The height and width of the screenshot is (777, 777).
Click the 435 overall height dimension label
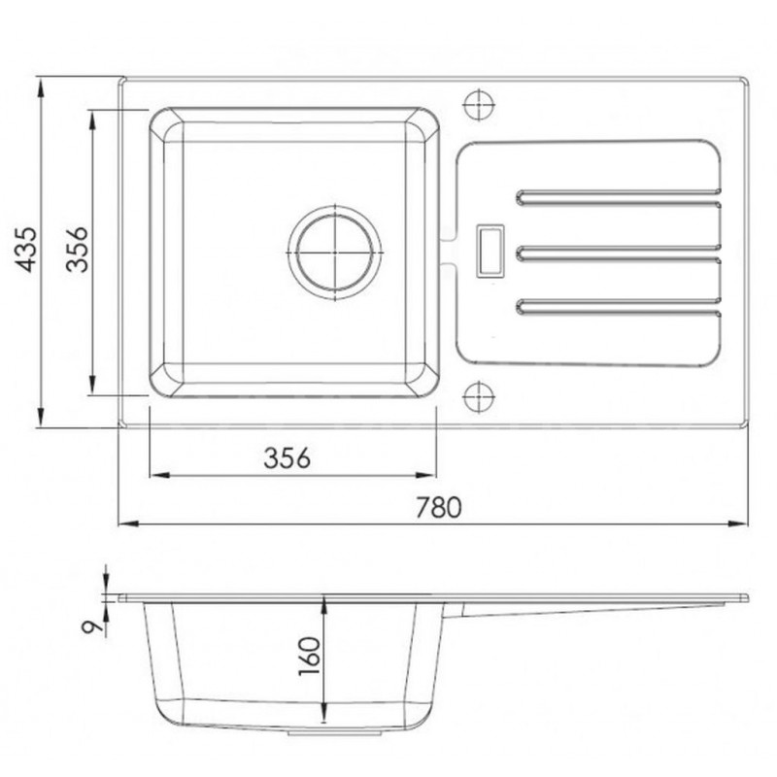[26, 250]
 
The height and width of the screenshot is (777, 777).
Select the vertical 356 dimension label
[78, 250]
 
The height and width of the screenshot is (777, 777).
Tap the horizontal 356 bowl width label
[287, 457]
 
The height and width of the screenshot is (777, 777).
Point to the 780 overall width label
[438, 507]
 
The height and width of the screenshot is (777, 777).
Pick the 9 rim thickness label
[92, 627]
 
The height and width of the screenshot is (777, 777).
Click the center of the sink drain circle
[335, 253]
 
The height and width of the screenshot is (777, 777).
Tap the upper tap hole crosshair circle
[479, 105]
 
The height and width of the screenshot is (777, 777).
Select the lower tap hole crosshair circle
[479, 397]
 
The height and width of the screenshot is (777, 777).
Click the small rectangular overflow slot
[490, 251]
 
